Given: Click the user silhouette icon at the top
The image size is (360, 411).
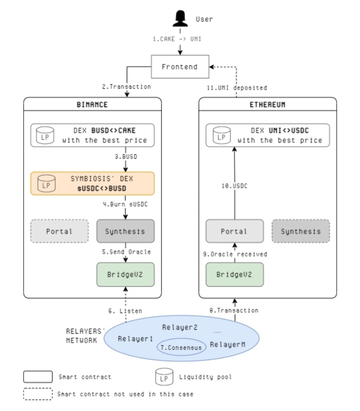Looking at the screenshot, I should (x=180, y=18).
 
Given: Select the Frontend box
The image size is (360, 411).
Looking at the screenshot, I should (x=180, y=66).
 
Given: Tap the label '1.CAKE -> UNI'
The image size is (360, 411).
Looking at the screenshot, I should (x=177, y=39).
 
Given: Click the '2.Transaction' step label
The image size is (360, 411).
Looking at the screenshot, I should (x=127, y=87).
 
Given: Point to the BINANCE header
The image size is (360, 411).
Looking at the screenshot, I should (x=92, y=104).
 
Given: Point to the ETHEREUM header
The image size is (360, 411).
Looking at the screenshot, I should (x=267, y=104).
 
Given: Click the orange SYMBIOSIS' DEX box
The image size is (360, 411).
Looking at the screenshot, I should (x=92, y=184).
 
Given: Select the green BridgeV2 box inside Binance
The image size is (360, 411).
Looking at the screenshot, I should (x=125, y=274).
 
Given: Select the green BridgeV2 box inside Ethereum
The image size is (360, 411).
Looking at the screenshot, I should (x=234, y=274).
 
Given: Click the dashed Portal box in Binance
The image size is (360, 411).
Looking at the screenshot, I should (x=59, y=231).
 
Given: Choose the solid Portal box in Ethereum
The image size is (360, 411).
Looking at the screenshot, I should (x=234, y=231).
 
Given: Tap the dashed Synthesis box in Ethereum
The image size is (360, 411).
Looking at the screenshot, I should (x=301, y=231).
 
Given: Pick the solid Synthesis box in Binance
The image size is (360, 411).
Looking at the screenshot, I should (x=125, y=231).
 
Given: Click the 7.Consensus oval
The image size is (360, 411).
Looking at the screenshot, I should (x=181, y=347).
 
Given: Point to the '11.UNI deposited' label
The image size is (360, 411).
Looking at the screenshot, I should (x=237, y=88).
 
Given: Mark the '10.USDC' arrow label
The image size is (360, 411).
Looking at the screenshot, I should (x=234, y=186).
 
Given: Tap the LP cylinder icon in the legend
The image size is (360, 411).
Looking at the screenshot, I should (x=164, y=377).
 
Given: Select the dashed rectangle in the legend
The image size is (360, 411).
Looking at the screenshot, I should (x=38, y=394).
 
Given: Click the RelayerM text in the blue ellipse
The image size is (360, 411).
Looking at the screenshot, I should (x=227, y=344).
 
